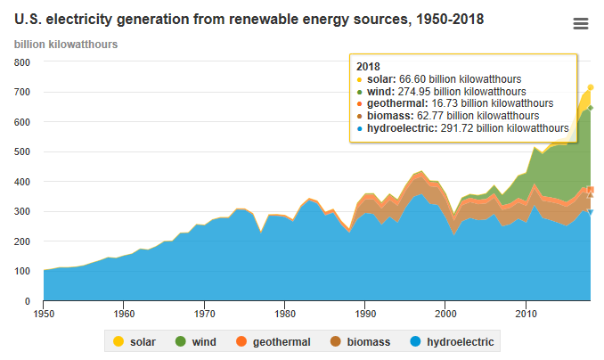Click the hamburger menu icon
click(x=581, y=24)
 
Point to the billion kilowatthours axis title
click(x=66, y=45)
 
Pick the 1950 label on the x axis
click(x=44, y=314)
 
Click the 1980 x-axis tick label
click(x=285, y=314)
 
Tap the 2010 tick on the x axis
click(x=526, y=314)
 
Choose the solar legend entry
click(x=134, y=341)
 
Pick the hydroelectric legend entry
click(x=452, y=341)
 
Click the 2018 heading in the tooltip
click(x=368, y=67)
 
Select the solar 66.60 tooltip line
click(x=459, y=79)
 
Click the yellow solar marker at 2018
click(x=590, y=87)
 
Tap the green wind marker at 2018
click(x=590, y=108)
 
